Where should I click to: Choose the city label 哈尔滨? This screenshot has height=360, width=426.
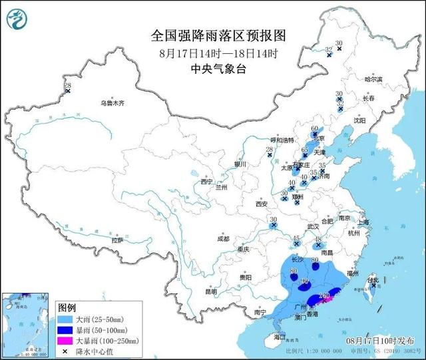(373, 79)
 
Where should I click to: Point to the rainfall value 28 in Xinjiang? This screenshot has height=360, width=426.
(67, 86)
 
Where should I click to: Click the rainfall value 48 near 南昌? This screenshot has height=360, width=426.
(318, 240)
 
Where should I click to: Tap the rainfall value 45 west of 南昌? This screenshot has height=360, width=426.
(296, 238)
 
